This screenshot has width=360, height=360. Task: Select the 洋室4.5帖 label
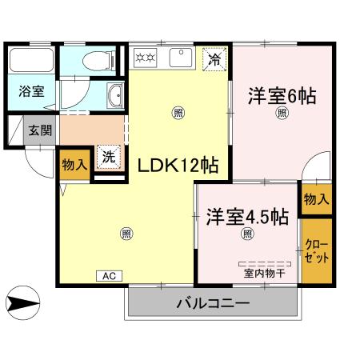click(x=247, y=216)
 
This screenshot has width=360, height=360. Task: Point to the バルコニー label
click(x=212, y=304)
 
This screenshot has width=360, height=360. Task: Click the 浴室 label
click(x=32, y=91)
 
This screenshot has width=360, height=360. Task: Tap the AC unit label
click(x=110, y=275)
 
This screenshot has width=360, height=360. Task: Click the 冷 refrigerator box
click(x=214, y=59)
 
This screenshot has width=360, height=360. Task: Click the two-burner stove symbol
click(x=146, y=58)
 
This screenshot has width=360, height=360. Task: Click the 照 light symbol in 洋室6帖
click(x=282, y=114)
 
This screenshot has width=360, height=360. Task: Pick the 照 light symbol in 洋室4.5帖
click(x=247, y=234)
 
